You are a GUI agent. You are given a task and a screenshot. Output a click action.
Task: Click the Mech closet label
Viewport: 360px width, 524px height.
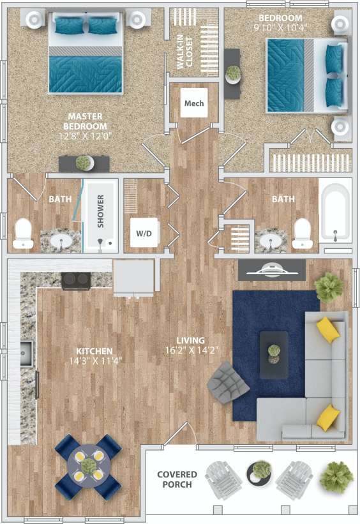193,103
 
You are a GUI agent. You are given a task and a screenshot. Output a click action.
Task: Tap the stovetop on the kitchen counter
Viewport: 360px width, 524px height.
77,279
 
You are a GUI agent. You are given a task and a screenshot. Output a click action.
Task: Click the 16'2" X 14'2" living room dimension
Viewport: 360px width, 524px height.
191,349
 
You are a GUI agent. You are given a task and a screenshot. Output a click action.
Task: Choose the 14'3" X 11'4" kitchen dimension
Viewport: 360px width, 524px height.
94,360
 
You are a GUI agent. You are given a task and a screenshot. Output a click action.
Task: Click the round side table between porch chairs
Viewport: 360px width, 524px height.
260,474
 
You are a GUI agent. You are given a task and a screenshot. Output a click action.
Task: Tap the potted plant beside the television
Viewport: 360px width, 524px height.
329,287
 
